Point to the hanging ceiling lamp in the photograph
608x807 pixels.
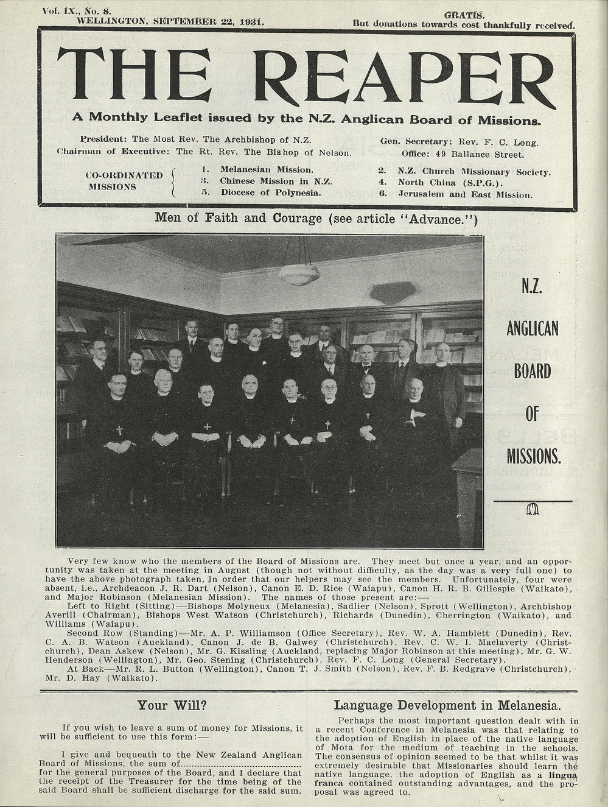tap(299, 275)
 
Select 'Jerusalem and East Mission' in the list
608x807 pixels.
tap(465, 195)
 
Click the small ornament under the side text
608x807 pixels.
tap(533, 510)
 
